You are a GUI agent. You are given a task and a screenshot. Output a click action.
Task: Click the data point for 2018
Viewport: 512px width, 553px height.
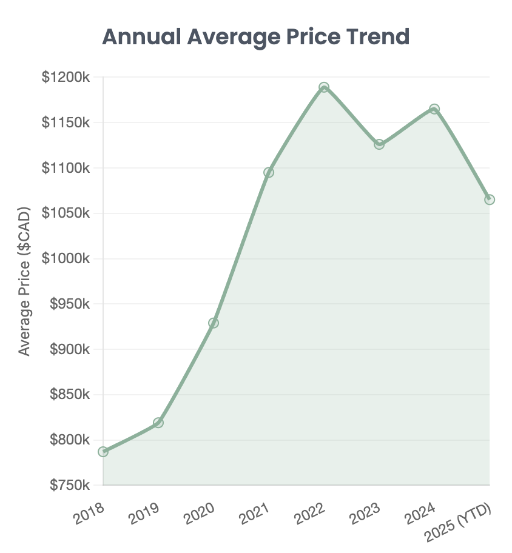[103, 452]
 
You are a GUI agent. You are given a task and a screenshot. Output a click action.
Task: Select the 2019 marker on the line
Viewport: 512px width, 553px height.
[158, 423]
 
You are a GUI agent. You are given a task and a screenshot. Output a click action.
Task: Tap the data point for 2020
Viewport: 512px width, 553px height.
[214, 323]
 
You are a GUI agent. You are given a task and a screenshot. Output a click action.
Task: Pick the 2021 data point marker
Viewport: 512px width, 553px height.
[269, 172]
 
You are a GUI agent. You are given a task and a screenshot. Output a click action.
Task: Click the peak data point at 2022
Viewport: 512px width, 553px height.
[324, 87]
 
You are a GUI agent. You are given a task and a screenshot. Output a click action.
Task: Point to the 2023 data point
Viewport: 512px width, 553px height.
[379, 144]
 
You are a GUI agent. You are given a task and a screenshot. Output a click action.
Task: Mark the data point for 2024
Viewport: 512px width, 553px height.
[434, 109]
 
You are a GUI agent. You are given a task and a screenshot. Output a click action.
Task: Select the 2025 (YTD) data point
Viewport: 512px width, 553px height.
[490, 199]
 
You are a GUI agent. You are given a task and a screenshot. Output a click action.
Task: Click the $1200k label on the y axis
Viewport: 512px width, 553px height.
[66, 78]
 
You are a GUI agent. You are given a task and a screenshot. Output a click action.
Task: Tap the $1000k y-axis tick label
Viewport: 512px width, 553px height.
[66, 259]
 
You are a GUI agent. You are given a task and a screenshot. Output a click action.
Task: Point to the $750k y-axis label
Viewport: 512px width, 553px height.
[69, 486]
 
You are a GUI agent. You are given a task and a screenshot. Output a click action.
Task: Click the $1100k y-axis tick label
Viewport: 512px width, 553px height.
[66, 168]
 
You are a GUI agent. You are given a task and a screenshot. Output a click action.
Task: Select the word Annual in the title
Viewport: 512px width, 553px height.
[141, 37]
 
